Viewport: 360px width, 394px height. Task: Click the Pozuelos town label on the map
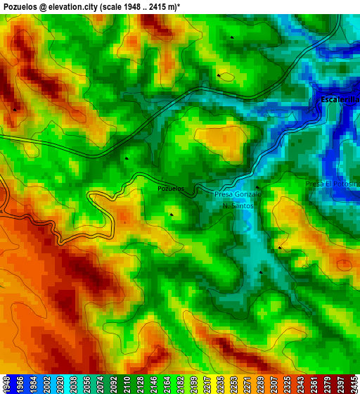(171, 189)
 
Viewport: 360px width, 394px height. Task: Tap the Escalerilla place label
(340, 100)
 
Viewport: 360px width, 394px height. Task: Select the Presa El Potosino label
(333, 184)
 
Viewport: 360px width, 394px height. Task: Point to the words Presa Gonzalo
(237, 194)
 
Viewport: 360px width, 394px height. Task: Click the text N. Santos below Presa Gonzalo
(238, 206)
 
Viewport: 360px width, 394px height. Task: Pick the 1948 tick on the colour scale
(6, 384)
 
